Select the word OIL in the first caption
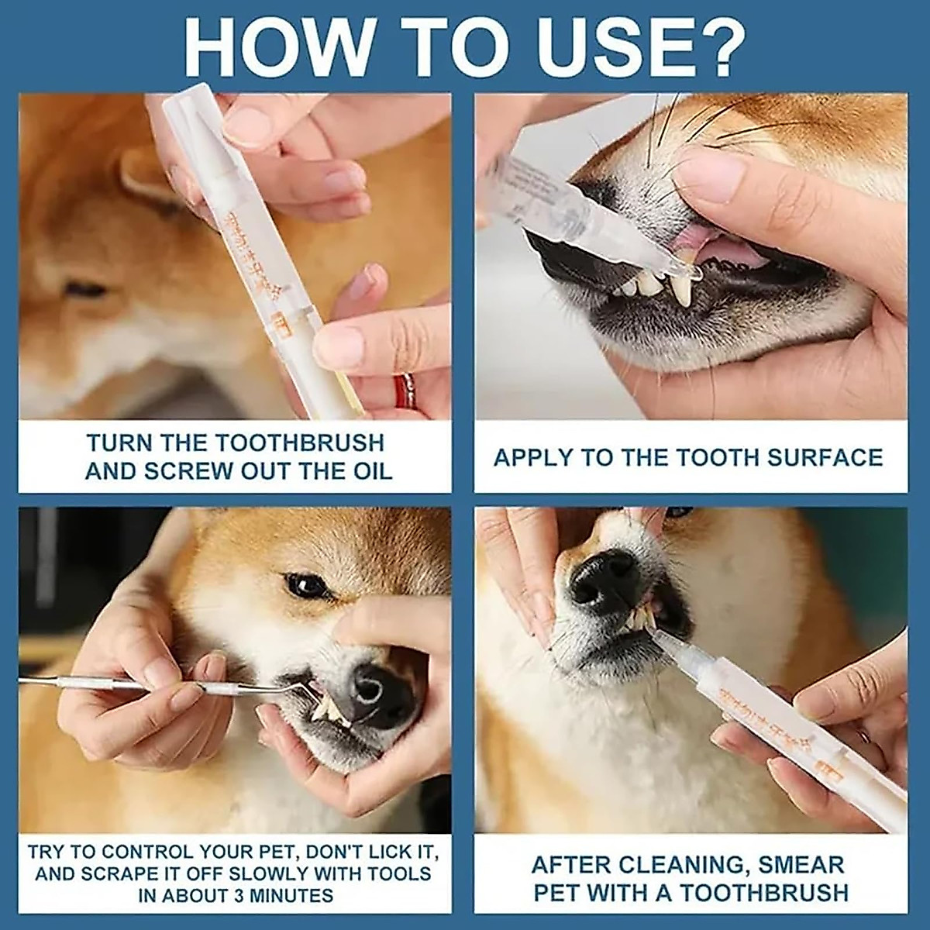368,470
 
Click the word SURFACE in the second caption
825,457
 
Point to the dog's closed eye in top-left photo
85,290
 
